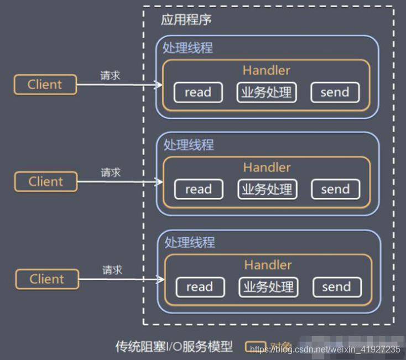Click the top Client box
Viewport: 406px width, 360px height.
[x=45, y=85]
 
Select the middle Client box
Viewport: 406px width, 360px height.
[x=46, y=181]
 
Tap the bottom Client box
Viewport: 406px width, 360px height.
[x=47, y=279]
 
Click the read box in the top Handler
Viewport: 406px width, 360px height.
[x=198, y=92]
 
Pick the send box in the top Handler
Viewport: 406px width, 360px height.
[x=335, y=92]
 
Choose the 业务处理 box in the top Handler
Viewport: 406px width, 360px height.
[x=266, y=92]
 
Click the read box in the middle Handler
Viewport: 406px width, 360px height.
[x=199, y=190]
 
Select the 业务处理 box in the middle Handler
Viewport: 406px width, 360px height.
[x=267, y=190]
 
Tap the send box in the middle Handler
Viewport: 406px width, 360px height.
[x=335, y=190]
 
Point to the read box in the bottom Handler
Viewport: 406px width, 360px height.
[x=200, y=287]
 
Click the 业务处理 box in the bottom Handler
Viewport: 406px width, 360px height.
[x=268, y=287]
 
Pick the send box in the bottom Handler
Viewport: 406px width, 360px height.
[x=336, y=287]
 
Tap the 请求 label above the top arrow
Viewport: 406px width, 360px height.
[x=110, y=75]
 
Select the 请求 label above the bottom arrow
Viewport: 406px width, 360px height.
[x=112, y=270]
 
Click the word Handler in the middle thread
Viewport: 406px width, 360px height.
[x=267, y=167]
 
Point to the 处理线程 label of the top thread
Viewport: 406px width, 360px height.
[x=188, y=48]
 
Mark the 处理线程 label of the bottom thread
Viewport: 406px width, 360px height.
[x=190, y=242]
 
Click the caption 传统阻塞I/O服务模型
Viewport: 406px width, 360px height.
[x=174, y=347]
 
